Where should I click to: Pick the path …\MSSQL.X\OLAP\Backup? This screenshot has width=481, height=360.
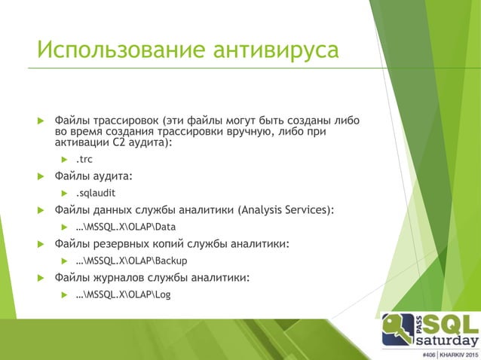tap(131, 261)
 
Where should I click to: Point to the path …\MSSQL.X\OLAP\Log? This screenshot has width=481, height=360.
tap(122, 294)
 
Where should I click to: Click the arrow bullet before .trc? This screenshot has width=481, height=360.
tap(65, 160)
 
